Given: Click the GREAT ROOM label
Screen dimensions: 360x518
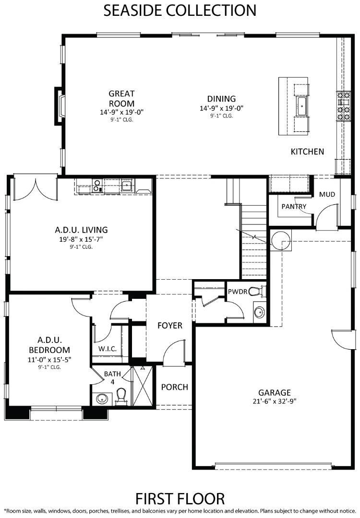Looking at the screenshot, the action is pos(121,98).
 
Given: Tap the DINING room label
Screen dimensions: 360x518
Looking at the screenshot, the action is pos(221,99).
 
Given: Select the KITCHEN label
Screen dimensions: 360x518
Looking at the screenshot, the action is pos(307,152).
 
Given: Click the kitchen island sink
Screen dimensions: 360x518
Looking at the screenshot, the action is pos(302,106).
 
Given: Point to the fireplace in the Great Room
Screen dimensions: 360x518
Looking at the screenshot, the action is pos(60,106).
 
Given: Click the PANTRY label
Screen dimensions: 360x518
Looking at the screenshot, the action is pos(294,206).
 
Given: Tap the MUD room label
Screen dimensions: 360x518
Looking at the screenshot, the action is pos(327,194).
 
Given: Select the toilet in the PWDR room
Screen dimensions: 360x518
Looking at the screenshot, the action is pos(256,292).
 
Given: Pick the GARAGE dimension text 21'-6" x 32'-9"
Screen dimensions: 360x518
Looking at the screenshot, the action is pos(275,401).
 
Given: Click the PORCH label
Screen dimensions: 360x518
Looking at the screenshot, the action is pos(175,387).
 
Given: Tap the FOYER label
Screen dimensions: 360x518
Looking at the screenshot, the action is pos(170,325).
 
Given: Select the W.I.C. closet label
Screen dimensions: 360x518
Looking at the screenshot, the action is pos(108,349).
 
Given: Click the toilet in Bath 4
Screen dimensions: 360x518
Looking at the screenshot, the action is pos(121,396).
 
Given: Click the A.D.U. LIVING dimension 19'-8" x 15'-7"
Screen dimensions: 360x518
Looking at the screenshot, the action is pos(81,239).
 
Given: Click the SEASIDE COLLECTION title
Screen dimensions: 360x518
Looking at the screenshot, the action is pos(180,10).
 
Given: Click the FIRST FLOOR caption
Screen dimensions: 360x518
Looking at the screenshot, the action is pos(180,498).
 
